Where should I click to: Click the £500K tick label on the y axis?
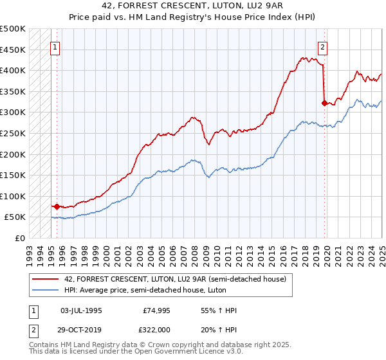pyautogui.click(x=12, y=29)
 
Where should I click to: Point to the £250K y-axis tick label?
pyautogui.click(x=12, y=133)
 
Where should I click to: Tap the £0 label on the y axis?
pyautogui.click(x=19, y=238)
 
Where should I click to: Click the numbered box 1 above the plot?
pyautogui.click(x=55, y=46)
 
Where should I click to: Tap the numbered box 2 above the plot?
pyautogui.click(x=322, y=46)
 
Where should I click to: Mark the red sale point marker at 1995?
pyautogui.click(x=57, y=206)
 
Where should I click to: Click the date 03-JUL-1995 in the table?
pyautogui.click(x=80, y=310)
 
